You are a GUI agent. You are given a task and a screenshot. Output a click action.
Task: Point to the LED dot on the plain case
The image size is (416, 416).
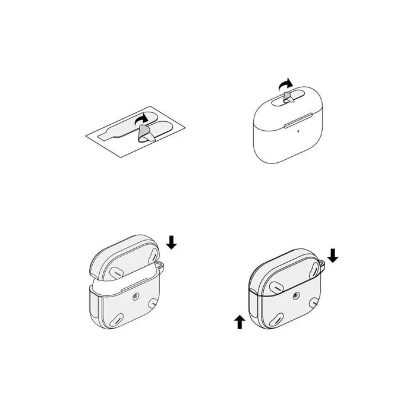click(289, 125)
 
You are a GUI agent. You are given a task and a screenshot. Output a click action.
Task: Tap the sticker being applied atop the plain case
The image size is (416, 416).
click(287, 96)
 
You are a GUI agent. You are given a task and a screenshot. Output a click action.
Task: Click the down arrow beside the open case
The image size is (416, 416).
click(171, 241)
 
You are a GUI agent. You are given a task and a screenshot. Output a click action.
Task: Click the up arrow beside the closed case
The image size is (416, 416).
click(239, 322)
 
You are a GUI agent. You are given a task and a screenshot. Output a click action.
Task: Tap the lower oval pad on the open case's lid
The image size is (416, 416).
click(117, 271)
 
